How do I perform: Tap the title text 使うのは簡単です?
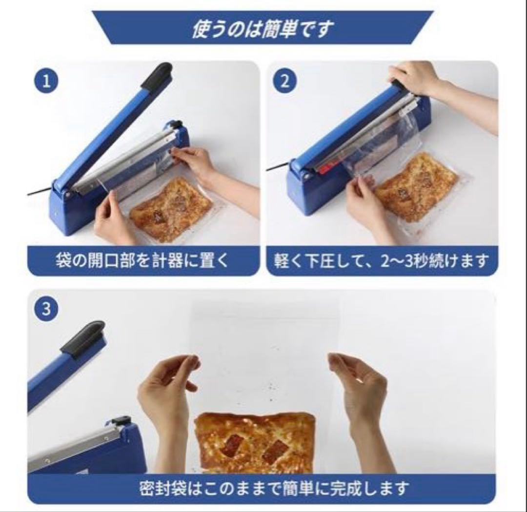[263, 28]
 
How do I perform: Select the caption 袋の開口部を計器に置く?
[142, 260]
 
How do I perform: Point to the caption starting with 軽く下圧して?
[381, 261]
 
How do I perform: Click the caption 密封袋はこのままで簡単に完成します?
[275, 488]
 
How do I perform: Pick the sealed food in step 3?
[255, 442]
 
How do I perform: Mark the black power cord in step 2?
[278, 166]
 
